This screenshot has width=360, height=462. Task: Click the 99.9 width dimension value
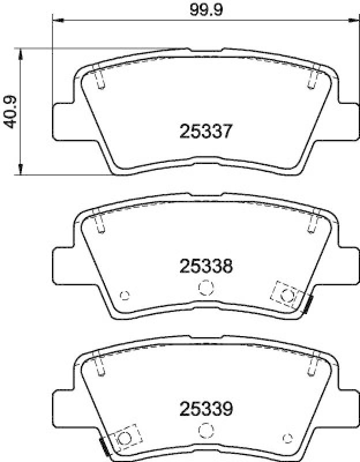(206, 10)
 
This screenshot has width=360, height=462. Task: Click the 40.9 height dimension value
(10, 111)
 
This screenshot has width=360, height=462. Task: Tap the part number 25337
(206, 131)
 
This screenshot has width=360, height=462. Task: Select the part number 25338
(206, 266)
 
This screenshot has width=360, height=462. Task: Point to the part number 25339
(206, 409)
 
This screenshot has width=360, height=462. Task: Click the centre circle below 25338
(206, 287)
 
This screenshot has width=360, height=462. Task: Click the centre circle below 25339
(206, 430)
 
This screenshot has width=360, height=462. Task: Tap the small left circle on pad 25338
(125, 295)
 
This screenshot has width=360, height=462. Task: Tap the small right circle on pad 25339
(287, 438)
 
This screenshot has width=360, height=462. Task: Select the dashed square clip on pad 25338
(287, 295)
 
